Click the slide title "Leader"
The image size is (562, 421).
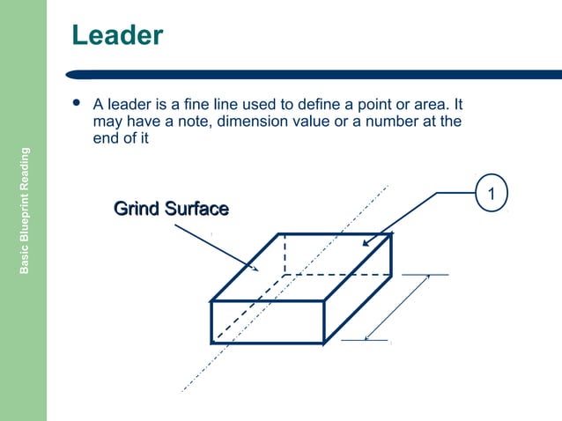[x=117, y=35]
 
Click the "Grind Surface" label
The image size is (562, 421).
[x=172, y=209]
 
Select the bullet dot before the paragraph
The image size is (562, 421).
[x=77, y=103]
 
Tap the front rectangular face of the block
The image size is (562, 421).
[x=267, y=321]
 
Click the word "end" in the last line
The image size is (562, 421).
[x=106, y=138]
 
